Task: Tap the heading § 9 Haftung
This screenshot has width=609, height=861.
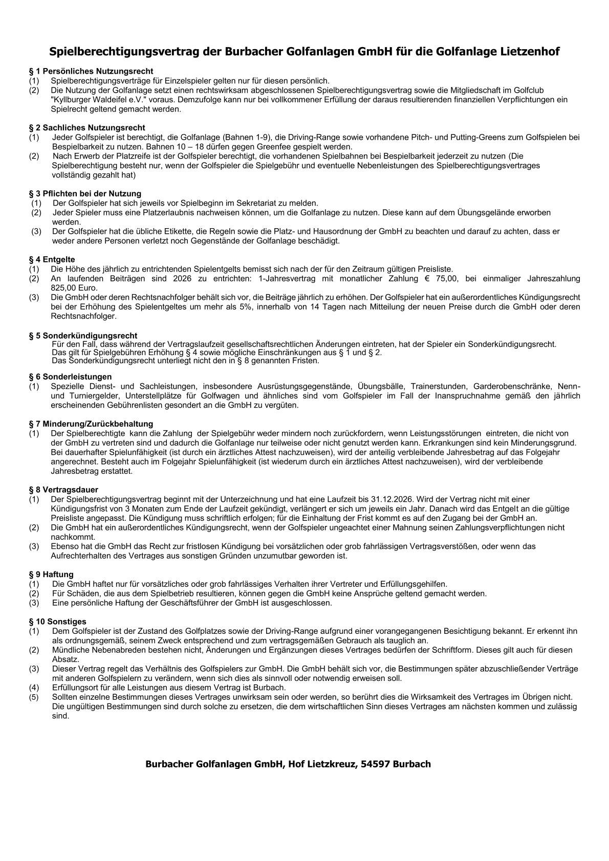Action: pyautogui.click(x=51, y=575)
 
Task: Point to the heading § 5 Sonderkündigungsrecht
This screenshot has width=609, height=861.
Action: pyautogui.click(x=83, y=336)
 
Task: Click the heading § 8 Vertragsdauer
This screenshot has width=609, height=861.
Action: pyautogui.click(x=63, y=490)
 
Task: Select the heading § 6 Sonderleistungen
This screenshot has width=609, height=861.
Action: pyautogui.click(x=70, y=377)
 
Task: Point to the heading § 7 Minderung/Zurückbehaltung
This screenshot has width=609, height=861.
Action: pyautogui.click(x=91, y=424)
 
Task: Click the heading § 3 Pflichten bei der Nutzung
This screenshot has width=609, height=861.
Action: pyautogui.click(x=85, y=193)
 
